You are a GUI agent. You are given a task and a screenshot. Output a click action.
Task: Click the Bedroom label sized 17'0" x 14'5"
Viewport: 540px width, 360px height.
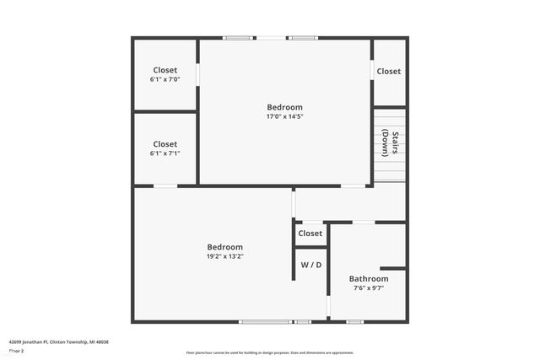pos(284,107)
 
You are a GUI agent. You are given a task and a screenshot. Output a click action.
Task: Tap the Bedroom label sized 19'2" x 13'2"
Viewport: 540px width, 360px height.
pos(225,246)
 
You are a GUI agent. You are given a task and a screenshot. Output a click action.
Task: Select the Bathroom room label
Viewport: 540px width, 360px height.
pos(369,278)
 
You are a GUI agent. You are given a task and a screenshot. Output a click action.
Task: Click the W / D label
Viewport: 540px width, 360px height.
pos(311,265)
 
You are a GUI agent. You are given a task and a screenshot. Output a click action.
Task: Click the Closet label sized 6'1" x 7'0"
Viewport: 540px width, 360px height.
pos(165,70)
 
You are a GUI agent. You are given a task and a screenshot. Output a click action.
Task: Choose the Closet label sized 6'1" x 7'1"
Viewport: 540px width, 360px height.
pos(165,144)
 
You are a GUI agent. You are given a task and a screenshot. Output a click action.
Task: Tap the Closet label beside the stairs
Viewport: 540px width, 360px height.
pos(389,72)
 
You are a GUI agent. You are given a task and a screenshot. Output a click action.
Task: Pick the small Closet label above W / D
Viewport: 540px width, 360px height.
pos(310,234)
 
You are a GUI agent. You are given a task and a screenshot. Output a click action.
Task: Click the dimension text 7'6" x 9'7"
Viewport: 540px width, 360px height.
pos(369,288)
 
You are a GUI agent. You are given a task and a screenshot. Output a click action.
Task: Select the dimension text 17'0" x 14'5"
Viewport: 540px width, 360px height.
pos(284,117)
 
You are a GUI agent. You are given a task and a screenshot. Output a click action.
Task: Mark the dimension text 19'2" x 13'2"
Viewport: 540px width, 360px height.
pos(225,256)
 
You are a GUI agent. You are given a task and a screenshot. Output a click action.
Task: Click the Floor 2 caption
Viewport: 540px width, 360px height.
pos(16,351)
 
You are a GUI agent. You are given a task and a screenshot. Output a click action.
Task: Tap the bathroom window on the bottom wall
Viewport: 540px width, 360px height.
pos(355,321)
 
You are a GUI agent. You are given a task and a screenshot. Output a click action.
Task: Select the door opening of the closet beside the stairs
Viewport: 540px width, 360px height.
pos(373,72)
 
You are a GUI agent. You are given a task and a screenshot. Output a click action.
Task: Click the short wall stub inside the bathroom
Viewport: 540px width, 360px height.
pos(392,268)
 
